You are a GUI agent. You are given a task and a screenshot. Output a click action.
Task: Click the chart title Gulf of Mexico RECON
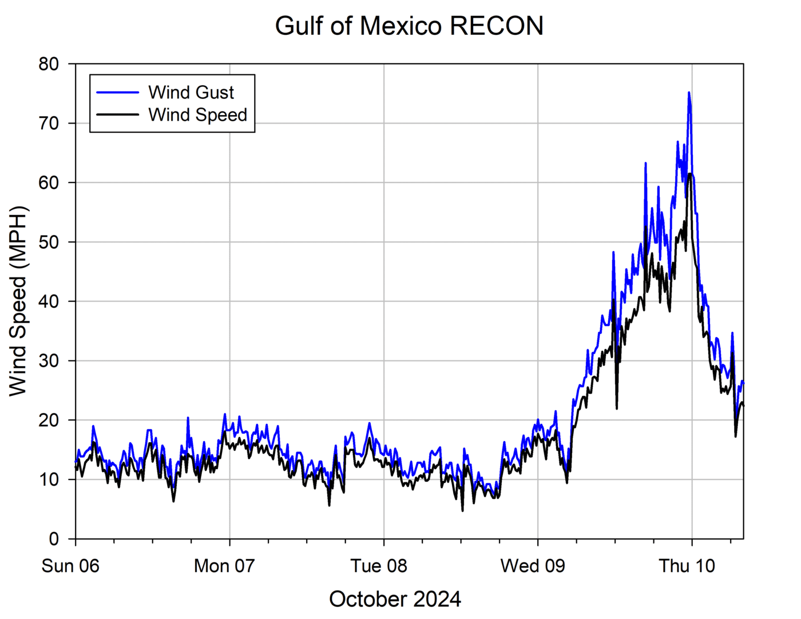409,26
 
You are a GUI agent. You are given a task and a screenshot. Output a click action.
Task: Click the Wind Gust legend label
191,93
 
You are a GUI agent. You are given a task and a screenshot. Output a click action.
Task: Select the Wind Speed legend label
197,115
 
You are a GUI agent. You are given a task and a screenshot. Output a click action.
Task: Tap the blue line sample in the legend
118,93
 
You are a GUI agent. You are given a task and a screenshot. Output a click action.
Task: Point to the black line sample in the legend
118,114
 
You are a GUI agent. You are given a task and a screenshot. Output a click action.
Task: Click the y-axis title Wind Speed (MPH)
18,301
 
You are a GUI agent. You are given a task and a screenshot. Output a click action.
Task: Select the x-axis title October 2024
395,599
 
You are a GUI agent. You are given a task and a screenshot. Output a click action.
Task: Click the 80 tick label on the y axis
49,64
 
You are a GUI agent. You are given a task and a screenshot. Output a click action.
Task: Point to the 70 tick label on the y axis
49,124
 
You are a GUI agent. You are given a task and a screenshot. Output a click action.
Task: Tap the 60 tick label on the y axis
49,182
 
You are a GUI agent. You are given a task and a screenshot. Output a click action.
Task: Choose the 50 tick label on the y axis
49,242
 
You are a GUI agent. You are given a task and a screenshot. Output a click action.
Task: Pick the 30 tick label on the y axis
49,361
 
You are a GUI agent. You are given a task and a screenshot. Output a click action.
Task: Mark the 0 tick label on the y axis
54,539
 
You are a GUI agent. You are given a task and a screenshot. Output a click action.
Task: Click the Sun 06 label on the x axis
70,566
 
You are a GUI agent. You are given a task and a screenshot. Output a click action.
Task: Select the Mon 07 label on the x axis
224,566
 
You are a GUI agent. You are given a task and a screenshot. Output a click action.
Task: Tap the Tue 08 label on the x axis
379,566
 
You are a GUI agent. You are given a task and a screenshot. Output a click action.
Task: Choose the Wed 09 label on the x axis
533,566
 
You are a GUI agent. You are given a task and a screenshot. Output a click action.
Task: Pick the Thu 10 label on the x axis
687,566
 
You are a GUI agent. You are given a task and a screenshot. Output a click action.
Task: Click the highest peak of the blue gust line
689,93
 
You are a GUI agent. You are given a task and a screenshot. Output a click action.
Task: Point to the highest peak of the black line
690,174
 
